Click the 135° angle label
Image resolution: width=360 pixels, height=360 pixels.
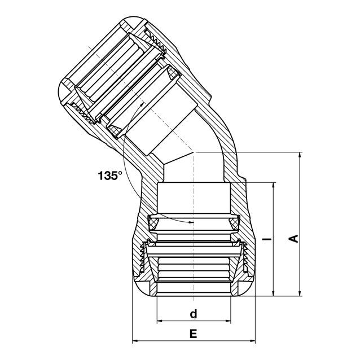point(110,175)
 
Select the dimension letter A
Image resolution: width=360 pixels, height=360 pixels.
point(293,239)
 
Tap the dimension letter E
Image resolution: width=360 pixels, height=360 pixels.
point(194,333)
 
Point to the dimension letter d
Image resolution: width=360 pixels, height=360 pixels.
point(194,314)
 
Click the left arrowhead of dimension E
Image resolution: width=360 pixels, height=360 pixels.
point(135,341)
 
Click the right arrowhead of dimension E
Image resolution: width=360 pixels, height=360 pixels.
point(252,341)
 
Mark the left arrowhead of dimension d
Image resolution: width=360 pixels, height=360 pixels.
point(160,321)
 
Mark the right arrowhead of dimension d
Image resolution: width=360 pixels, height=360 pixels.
point(227,321)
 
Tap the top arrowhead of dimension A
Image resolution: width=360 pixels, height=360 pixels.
point(300,155)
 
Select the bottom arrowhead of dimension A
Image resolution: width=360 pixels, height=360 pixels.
point(300,293)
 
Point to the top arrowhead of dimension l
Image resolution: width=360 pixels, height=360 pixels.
point(273,186)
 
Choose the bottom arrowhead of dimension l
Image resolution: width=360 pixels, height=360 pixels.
point(273,293)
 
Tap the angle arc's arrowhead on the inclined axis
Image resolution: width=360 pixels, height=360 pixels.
point(142,104)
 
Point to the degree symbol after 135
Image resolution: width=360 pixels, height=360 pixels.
point(120,173)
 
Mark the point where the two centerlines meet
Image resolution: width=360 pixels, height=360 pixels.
point(194,152)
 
